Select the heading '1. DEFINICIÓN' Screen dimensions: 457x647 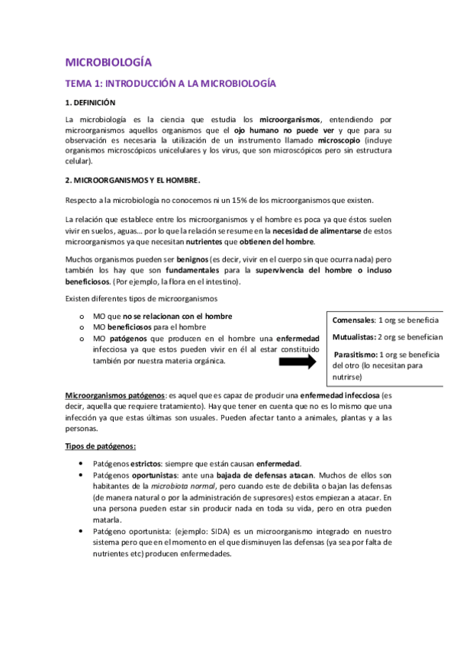(90, 102)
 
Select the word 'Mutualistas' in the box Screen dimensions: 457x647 (356, 336)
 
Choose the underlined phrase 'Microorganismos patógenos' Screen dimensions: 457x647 (114, 397)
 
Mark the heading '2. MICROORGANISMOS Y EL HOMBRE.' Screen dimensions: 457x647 (133, 180)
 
